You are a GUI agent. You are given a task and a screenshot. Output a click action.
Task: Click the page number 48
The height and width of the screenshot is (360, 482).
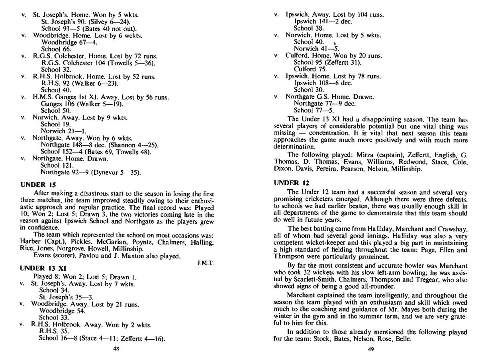[116, 348]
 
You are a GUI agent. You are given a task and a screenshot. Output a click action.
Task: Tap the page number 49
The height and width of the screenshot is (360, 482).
[370, 349]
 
